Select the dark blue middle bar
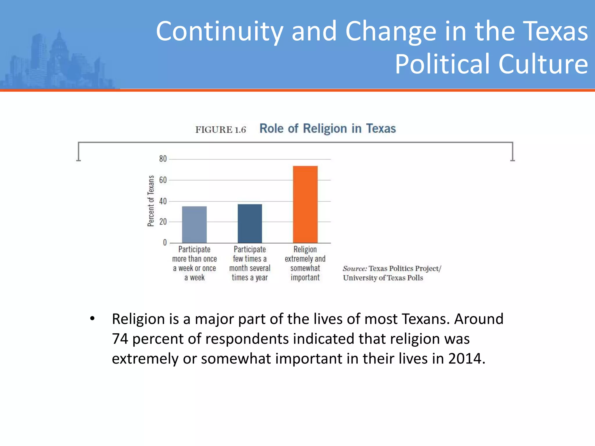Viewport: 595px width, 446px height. [x=250, y=223]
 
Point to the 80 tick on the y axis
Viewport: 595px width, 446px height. [x=163, y=159]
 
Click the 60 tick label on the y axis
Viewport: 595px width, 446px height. [x=163, y=180]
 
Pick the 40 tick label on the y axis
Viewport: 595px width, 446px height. [x=163, y=201]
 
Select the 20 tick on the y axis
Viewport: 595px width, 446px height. [x=163, y=222]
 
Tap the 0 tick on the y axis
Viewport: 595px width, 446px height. [x=165, y=243]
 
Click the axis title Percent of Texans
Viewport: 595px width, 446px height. [x=151, y=201]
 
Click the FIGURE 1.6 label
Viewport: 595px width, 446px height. [x=221, y=130]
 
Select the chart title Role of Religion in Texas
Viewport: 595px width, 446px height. [x=327, y=129]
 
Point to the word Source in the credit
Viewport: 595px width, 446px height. [x=355, y=269]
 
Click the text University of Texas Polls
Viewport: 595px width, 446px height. [x=383, y=278]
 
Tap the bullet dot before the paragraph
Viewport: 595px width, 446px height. [x=92, y=319]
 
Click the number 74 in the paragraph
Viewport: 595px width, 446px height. [x=120, y=339]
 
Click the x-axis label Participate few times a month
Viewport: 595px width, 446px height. [x=250, y=263]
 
